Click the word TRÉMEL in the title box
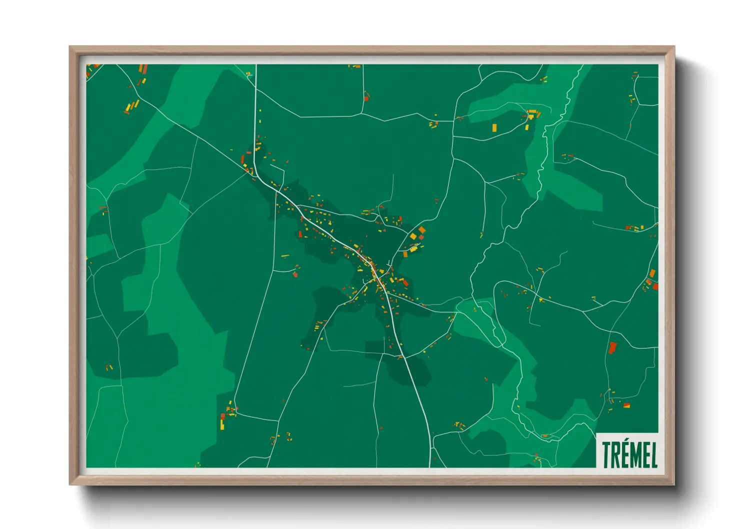click(x=629, y=454)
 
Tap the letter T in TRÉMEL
click(x=606, y=454)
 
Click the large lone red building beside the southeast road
click(x=612, y=347)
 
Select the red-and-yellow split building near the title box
click(x=626, y=405)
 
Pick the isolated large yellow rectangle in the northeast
click(x=494, y=127)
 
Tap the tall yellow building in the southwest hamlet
click(x=222, y=424)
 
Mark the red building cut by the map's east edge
click(x=655, y=286)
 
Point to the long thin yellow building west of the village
click(x=285, y=256)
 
